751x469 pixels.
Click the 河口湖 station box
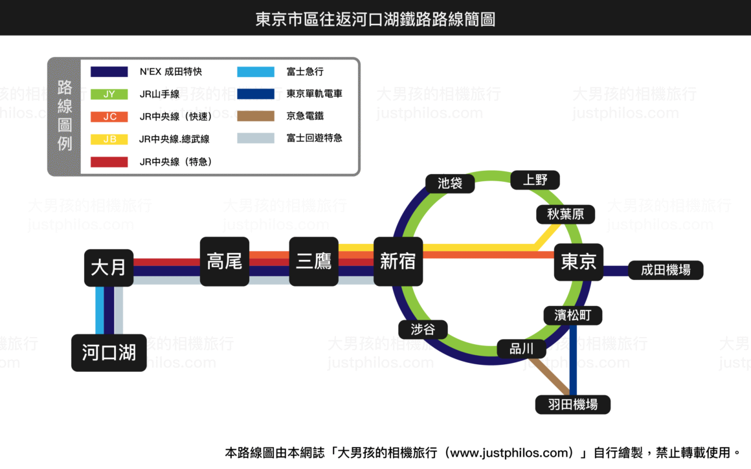coord(109,353)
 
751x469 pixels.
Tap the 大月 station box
coord(109,268)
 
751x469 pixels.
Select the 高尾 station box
coord(225,261)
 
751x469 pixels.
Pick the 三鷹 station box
coord(314,261)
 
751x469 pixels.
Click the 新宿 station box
coord(398,261)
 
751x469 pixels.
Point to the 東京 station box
coord(579,262)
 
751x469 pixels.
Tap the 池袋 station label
coord(450,183)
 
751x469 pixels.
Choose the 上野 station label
coord(535,180)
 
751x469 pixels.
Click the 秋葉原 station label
coord(565,214)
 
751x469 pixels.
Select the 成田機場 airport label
coord(666,270)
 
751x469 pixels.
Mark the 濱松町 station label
coord(573,316)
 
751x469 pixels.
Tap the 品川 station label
coord(522,349)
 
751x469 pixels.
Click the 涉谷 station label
coord(423,329)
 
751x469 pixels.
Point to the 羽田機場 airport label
coord(573,404)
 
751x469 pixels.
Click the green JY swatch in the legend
coord(109,94)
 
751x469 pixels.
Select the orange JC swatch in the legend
coord(109,117)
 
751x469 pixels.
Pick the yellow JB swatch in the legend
coord(109,139)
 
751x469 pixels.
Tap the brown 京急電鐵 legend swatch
coord(256,116)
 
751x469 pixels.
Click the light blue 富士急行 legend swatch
coord(256,72)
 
